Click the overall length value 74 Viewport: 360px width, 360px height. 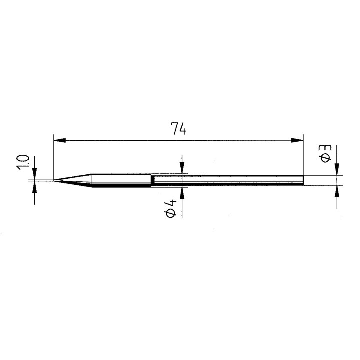pyautogui.click(x=178, y=129)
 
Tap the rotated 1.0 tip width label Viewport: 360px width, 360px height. pyautogui.click(x=24, y=162)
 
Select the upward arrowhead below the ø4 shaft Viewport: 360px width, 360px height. pyautogui.click(x=182, y=192)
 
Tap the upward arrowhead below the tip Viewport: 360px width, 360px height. pyautogui.click(x=34, y=186)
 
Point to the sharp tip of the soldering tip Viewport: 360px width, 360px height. pyautogui.click(x=54, y=180)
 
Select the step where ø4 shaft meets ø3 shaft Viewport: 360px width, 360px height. pyautogui.click(x=152, y=180)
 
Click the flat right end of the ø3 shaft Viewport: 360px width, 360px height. pyautogui.click(x=303, y=180)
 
